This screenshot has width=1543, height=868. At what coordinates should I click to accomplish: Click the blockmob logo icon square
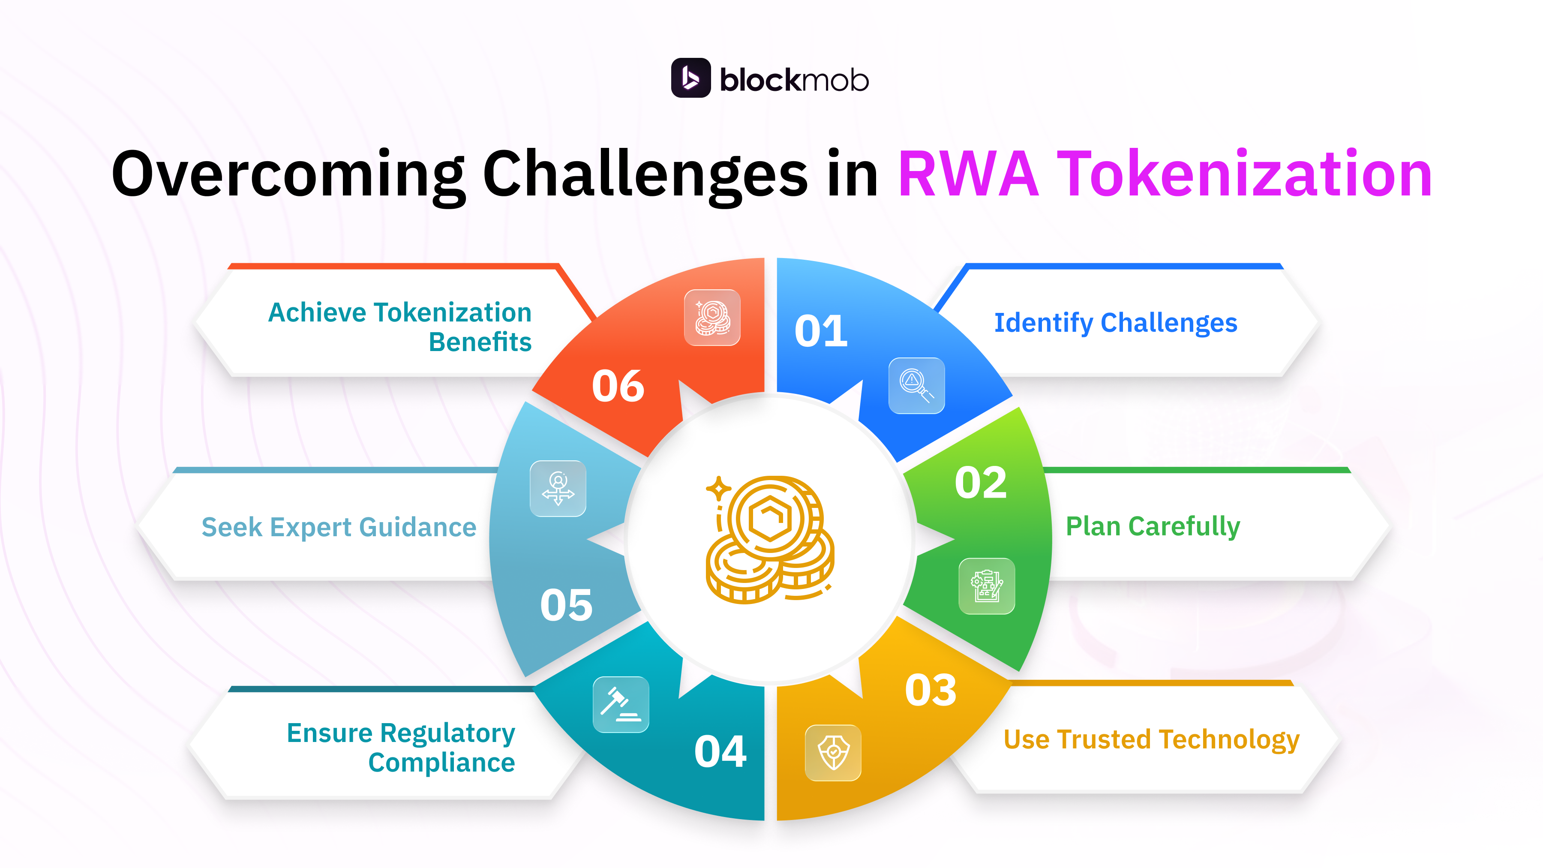tap(690, 78)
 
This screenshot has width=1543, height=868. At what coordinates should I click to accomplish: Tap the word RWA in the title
tap(968, 174)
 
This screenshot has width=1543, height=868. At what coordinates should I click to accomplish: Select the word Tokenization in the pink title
tap(1244, 174)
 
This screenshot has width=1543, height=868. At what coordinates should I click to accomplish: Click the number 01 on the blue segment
tap(821, 331)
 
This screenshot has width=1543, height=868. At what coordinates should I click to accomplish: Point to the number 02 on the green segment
tap(981, 483)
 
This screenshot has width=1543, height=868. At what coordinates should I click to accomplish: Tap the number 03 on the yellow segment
tap(930, 690)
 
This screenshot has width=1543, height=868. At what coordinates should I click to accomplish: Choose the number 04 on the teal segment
tap(720, 752)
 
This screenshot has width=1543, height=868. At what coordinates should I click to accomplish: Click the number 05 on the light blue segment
tap(566, 605)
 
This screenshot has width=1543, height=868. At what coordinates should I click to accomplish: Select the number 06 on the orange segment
tap(618, 386)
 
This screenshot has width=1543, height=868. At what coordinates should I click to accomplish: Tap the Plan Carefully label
tap(1153, 526)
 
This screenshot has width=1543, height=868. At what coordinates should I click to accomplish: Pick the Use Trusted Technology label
tap(1151, 740)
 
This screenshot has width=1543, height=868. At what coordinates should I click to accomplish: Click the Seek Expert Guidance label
tap(339, 528)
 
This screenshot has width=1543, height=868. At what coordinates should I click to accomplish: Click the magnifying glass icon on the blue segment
tap(916, 385)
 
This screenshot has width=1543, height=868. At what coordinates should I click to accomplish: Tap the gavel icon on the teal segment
tap(621, 704)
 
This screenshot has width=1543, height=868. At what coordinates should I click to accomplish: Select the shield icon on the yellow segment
tap(833, 752)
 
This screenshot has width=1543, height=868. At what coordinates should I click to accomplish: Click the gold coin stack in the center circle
tap(770, 539)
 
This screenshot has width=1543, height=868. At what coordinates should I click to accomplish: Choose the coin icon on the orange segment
tap(712, 318)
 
